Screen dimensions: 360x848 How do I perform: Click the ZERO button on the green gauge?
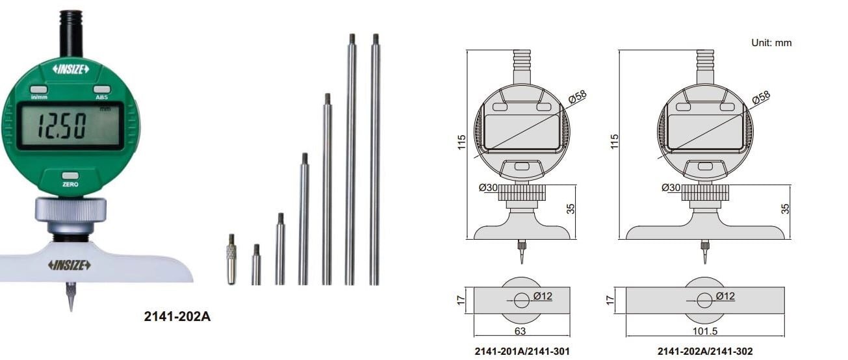70,176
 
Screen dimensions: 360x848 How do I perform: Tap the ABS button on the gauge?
101,90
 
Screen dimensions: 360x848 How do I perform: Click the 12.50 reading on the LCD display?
61,126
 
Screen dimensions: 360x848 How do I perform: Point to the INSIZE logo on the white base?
69,264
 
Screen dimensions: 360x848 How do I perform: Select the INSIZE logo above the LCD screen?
70,69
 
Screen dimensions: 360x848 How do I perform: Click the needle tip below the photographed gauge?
70,298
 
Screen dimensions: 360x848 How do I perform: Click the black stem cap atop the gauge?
71,32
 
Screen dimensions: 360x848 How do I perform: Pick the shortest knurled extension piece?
231,260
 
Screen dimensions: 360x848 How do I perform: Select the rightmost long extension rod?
375,159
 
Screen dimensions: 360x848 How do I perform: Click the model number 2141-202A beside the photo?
177,317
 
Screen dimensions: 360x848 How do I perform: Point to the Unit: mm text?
771,43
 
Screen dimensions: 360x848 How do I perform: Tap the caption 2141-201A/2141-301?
522,351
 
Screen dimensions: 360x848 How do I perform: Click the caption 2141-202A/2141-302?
705,351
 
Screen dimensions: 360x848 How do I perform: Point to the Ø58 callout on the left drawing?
576,97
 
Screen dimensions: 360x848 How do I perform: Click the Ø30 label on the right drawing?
671,187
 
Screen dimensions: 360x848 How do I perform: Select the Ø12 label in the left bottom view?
543,296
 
